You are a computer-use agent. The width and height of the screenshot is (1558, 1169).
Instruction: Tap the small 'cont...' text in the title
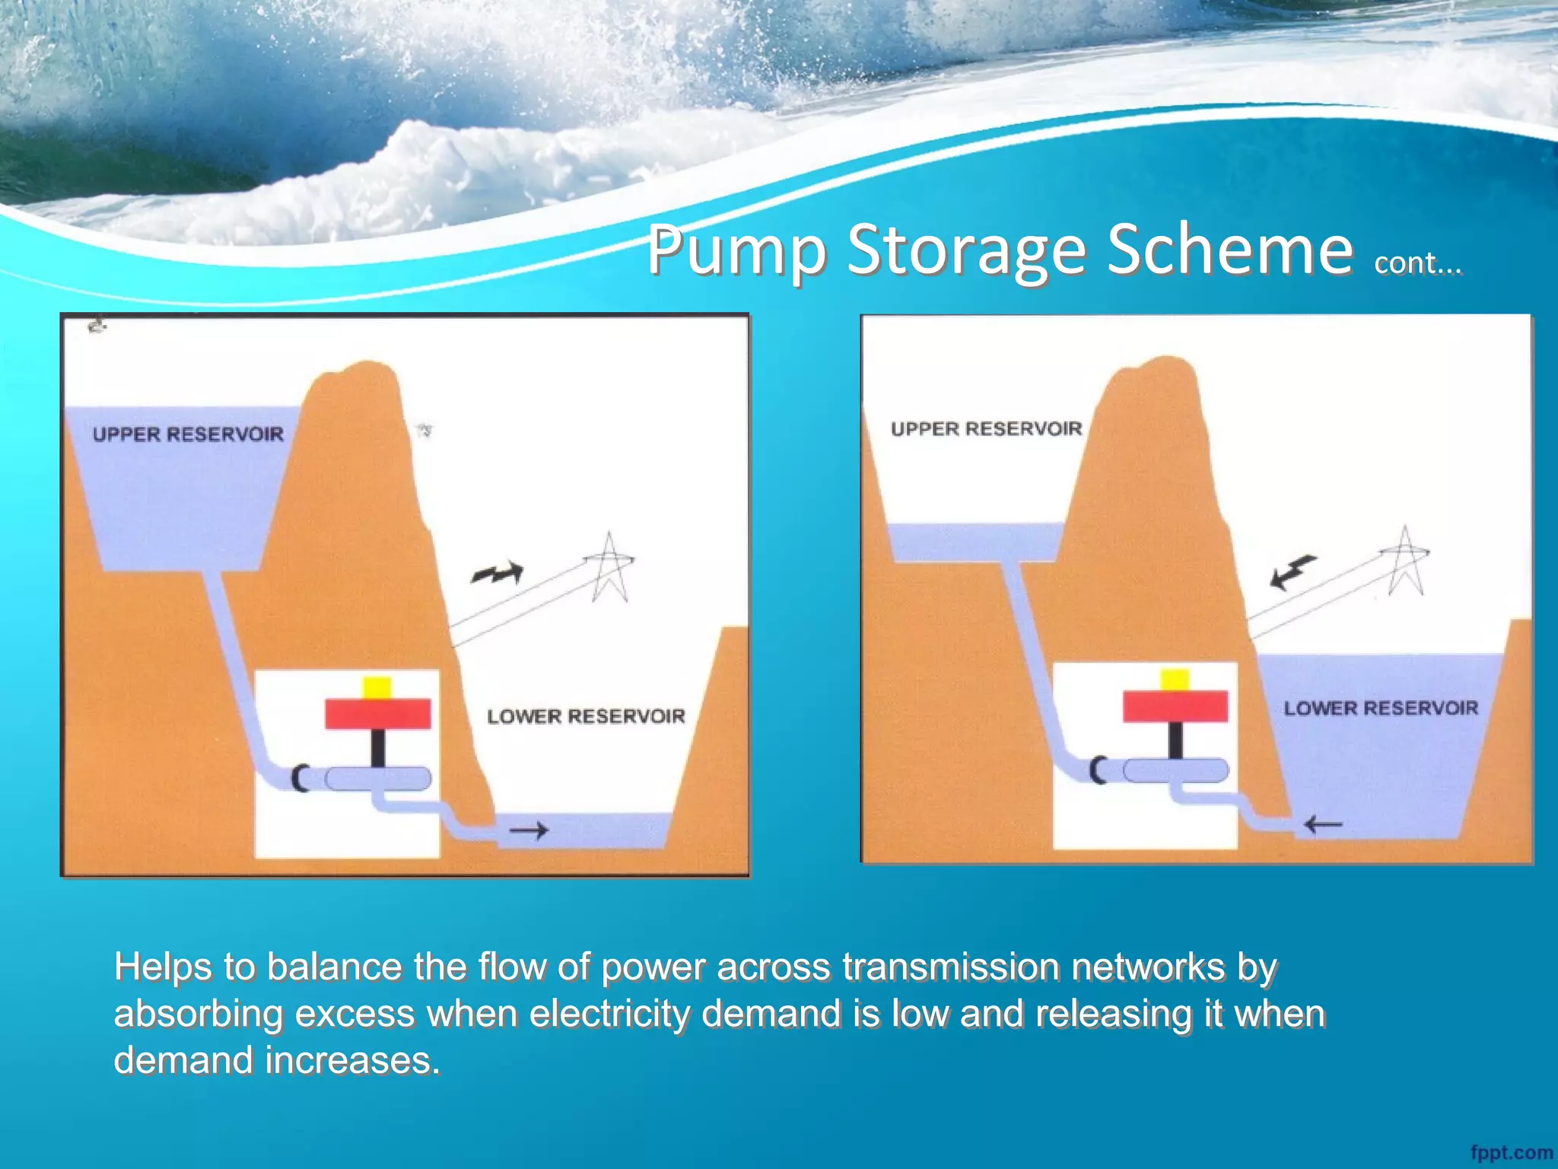click(x=1417, y=263)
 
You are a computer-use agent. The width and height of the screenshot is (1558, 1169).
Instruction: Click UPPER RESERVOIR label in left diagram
click(x=188, y=435)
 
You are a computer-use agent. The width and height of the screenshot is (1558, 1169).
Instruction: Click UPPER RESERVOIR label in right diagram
click(x=986, y=429)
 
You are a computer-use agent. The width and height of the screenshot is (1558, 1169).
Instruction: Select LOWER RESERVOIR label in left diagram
click(x=586, y=716)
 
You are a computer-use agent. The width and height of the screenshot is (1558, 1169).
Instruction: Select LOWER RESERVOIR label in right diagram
click(x=1381, y=709)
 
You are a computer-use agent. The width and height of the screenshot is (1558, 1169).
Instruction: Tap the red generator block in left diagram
click(x=378, y=714)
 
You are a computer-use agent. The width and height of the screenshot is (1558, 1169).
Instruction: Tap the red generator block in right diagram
click(x=1175, y=706)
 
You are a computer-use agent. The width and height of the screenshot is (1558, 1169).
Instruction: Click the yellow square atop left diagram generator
click(x=377, y=688)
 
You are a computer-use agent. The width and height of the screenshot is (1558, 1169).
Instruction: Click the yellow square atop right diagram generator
click(x=1175, y=680)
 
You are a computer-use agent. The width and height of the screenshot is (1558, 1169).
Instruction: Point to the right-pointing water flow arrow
click(x=529, y=830)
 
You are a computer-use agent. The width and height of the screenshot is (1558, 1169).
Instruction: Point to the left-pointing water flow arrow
click(x=1323, y=824)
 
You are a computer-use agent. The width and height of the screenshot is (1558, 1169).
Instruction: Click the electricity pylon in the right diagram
click(x=1406, y=562)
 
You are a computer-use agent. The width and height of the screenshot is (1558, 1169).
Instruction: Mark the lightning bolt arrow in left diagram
click(x=498, y=573)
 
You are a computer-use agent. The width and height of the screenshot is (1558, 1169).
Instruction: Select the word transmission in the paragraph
click(x=950, y=967)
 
